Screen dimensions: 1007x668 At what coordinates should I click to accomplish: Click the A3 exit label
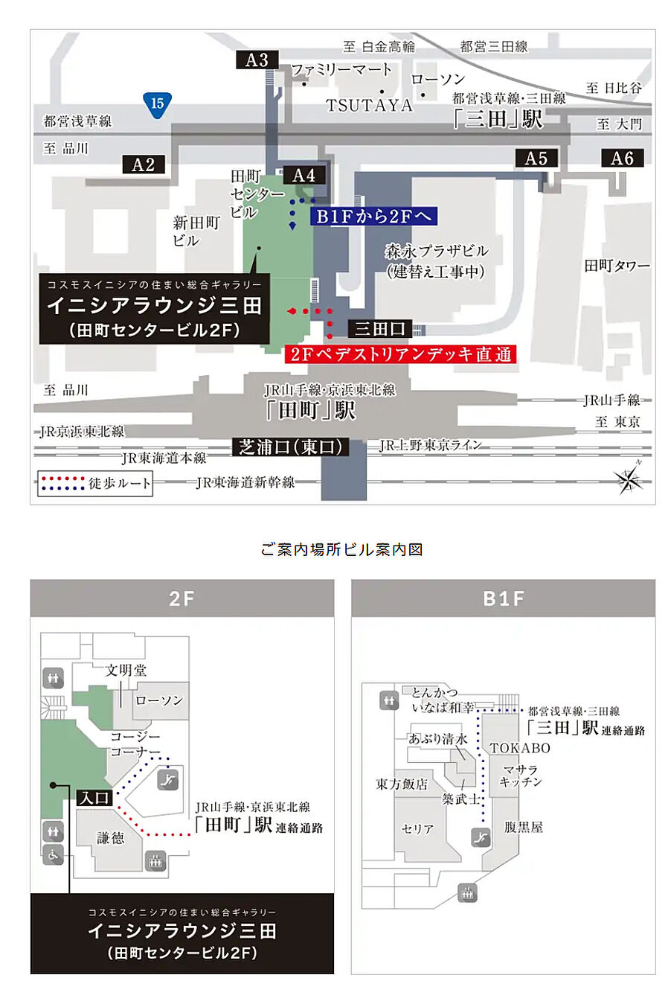click(x=257, y=60)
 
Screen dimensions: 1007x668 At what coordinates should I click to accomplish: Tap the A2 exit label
click(x=144, y=164)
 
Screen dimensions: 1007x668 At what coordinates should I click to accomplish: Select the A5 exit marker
click(x=536, y=158)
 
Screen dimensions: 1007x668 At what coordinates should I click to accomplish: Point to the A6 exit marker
click(x=622, y=158)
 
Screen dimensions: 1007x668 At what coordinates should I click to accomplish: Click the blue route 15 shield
click(x=157, y=103)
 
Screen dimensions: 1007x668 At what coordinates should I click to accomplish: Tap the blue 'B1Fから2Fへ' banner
click(x=373, y=217)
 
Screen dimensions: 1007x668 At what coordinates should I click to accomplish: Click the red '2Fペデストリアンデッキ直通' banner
click(x=400, y=354)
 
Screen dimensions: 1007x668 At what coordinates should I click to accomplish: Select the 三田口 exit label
click(x=380, y=328)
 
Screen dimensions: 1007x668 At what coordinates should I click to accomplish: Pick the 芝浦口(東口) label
click(x=291, y=447)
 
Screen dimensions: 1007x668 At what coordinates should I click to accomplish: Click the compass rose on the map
click(x=629, y=479)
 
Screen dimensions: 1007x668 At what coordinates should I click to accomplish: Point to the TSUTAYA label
click(x=369, y=106)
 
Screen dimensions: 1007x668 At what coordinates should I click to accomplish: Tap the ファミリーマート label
click(x=341, y=70)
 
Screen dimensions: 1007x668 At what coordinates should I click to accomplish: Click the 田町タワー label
click(x=617, y=266)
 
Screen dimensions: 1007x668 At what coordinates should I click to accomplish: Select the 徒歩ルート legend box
click(x=95, y=483)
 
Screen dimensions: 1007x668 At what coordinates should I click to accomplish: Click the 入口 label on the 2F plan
click(x=94, y=798)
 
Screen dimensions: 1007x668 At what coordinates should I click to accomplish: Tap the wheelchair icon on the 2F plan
click(x=54, y=854)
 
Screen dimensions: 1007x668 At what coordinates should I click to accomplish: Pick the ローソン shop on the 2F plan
click(x=158, y=700)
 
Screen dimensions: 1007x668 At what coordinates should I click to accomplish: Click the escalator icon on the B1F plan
click(x=481, y=837)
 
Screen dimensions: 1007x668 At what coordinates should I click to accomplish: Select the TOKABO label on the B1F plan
click(x=520, y=748)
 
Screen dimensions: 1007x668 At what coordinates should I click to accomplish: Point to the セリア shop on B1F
click(x=417, y=828)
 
